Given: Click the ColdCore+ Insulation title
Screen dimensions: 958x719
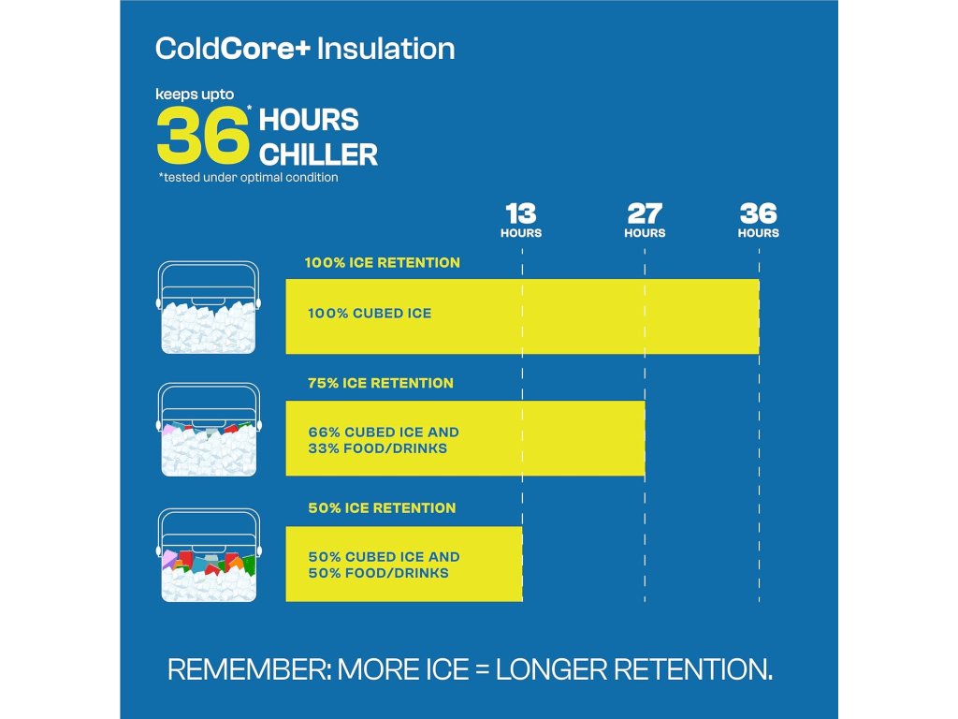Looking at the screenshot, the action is point(305,49).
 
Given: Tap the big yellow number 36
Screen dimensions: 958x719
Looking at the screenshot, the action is point(202,135).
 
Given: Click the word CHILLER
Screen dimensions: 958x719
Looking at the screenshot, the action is point(318,154).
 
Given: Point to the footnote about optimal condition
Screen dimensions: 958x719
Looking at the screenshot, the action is point(248,177).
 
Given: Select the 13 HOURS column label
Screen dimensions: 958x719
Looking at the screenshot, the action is point(521,220).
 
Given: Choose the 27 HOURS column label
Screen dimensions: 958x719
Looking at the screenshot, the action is point(645,220).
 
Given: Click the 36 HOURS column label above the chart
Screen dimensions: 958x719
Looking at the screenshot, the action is point(758,220).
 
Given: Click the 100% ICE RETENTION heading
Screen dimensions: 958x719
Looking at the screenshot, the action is point(383,263).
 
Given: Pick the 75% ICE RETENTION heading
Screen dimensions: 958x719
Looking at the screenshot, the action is point(381,383).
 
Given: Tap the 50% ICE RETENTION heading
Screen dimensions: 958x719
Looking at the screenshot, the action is point(382,508).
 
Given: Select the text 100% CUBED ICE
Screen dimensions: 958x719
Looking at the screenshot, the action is point(370,314).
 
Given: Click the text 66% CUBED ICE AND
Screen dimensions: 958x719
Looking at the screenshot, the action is point(384,433).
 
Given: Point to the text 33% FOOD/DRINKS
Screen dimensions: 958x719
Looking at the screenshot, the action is point(378,448).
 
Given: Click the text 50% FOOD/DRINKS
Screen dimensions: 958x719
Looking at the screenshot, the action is point(378,573).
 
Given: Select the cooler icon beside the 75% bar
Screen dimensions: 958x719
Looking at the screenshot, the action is point(209,430).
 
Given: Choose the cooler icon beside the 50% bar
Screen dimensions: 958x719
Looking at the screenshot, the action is point(209,555).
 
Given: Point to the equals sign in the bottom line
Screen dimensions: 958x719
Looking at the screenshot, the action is point(482,670).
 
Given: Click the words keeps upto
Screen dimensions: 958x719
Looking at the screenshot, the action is point(195,95).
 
